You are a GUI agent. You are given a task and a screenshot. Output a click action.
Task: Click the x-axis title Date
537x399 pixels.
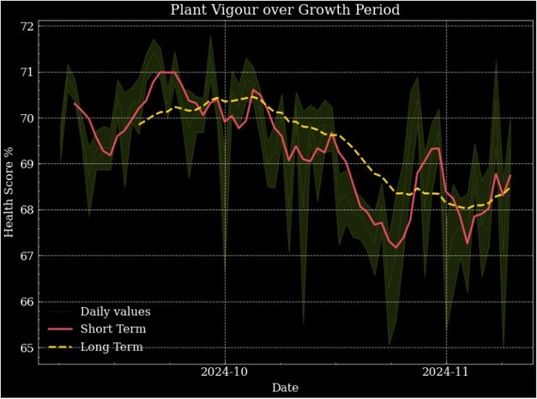click(x=286, y=388)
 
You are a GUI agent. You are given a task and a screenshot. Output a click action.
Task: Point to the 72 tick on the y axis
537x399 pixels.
click(x=27, y=27)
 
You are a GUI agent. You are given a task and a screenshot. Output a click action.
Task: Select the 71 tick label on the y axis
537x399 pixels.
click(x=27, y=72)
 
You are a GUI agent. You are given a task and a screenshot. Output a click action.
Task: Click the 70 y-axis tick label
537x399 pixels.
click(x=27, y=118)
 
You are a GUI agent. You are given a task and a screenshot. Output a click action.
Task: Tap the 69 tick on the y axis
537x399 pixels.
click(x=27, y=164)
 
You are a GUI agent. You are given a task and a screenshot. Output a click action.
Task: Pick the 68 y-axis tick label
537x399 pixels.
click(x=27, y=210)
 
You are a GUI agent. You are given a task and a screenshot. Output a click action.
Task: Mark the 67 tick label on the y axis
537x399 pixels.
click(x=27, y=256)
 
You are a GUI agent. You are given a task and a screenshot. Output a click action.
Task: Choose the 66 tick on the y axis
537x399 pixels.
click(x=27, y=302)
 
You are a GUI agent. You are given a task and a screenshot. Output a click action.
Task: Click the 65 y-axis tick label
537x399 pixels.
click(x=27, y=348)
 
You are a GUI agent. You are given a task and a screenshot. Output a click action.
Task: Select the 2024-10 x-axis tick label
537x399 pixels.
click(x=225, y=372)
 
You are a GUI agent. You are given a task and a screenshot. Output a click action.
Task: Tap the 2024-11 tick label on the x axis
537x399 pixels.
click(x=446, y=372)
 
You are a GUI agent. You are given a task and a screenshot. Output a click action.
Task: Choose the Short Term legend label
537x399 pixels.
click(x=112, y=329)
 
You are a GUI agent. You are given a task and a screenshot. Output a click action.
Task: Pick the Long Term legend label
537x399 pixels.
click(x=111, y=348)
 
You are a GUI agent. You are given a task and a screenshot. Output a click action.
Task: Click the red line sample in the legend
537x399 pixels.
click(x=60, y=329)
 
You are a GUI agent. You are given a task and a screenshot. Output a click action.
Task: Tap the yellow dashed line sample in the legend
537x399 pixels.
click(x=60, y=348)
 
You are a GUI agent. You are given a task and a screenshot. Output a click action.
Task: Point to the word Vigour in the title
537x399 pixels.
click(x=248, y=10)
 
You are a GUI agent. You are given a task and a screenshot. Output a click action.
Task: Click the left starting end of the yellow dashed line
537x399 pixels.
click(x=138, y=124)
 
